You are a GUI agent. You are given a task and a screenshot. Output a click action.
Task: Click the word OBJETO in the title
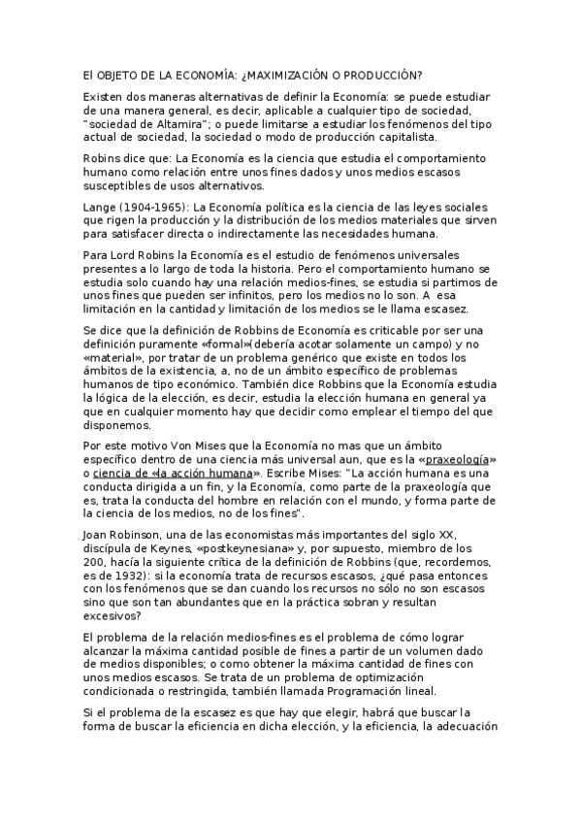120,75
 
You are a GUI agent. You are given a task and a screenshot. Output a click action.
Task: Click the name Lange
100,208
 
